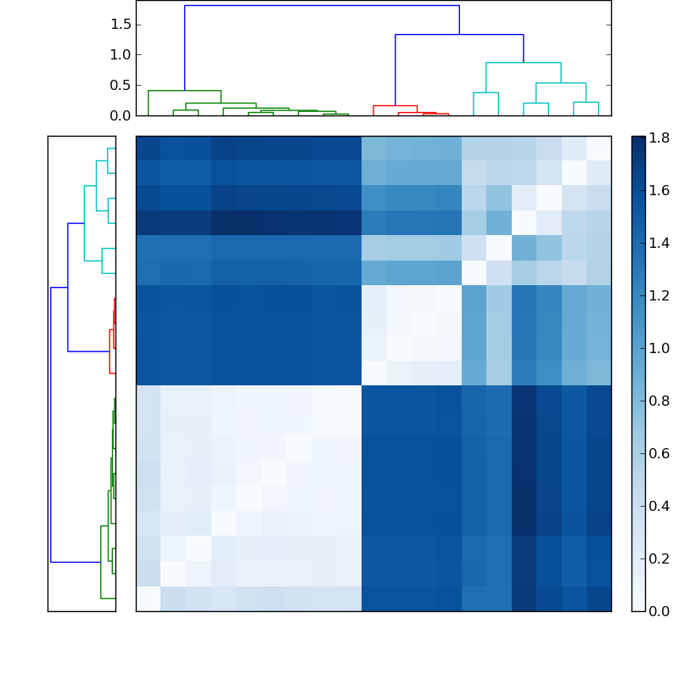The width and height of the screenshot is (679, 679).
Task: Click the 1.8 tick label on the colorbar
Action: (659, 137)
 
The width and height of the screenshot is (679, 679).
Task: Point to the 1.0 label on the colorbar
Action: (659, 348)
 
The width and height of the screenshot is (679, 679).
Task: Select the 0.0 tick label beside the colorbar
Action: (659, 610)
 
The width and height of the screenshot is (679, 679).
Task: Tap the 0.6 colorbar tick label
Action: (659, 453)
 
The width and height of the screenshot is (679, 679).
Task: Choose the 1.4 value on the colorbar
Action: (659, 243)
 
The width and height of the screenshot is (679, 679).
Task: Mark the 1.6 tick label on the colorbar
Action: (659, 190)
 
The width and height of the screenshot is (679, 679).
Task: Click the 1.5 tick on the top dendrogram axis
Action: (120, 24)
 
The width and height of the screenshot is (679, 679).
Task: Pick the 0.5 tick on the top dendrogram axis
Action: (120, 85)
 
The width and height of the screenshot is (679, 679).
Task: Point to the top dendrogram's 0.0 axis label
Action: (120, 115)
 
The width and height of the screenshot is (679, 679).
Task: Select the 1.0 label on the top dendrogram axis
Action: (120, 54)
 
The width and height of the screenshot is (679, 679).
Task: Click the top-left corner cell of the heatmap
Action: (148, 148)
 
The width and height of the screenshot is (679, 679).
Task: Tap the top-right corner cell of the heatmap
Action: (598, 148)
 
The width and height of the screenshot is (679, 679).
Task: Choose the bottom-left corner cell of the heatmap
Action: (148, 598)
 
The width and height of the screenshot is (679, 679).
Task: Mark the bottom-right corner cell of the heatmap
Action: (598, 598)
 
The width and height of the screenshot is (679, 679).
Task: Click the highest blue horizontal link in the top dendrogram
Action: (322, 6)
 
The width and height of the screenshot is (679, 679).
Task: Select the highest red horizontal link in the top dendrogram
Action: (395, 106)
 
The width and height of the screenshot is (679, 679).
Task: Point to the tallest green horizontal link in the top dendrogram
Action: (184, 91)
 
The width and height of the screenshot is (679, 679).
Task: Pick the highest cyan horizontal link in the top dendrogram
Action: (523, 63)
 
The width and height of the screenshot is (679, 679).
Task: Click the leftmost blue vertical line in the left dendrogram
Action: (51, 424)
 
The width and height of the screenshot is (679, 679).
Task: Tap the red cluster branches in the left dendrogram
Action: (110, 335)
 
